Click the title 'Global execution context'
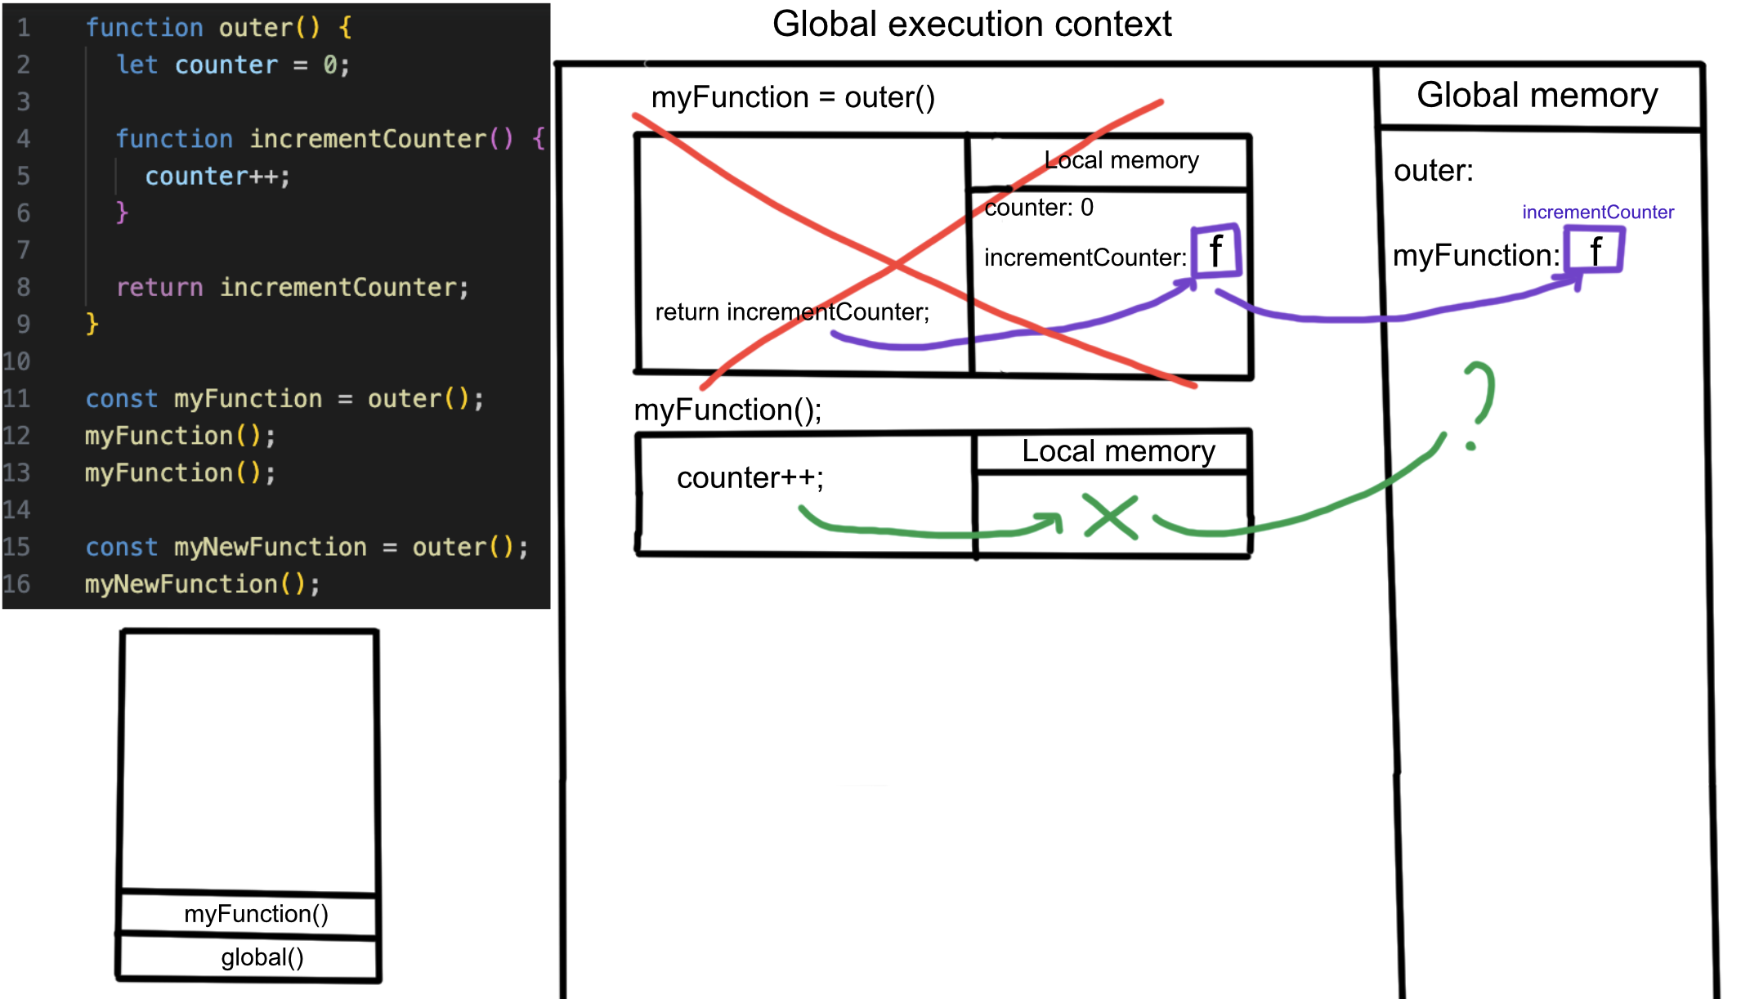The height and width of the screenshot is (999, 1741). [971, 25]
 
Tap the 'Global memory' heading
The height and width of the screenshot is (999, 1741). [1537, 96]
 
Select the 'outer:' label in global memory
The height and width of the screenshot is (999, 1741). [1433, 171]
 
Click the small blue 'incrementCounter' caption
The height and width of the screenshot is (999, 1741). [1597, 213]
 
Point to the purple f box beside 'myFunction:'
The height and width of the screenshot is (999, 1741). [1594, 250]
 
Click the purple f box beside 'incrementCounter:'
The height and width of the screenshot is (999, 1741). [1216, 251]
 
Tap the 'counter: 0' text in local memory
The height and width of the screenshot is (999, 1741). [1038, 208]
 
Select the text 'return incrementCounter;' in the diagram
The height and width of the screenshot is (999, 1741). [792, 312]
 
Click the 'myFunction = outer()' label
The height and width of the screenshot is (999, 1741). [792, 98]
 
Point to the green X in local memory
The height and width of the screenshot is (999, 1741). [1110, 517]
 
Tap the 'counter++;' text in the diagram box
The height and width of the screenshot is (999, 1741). [750, 477]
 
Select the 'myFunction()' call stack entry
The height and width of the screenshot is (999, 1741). [256, 914]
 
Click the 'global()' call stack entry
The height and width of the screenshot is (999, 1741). [262, 957]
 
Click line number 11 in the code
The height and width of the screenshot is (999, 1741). [16, 399]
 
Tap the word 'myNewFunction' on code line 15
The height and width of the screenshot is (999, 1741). [270, 547]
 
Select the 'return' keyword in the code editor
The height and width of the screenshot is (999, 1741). [159, 288]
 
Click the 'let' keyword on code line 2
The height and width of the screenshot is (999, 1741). [137, 65]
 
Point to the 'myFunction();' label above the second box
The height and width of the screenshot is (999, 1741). [727, 410]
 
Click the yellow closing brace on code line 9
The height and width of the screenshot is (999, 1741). [92, 325]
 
